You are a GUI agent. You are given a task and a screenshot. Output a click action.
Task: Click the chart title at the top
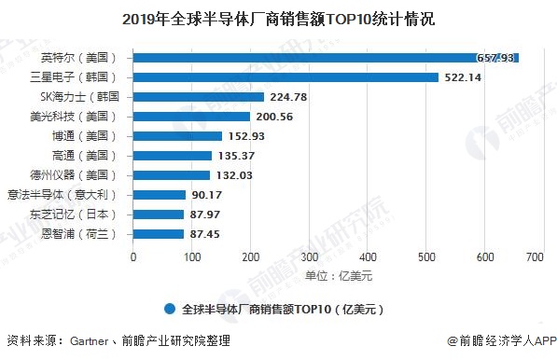coord(278,18)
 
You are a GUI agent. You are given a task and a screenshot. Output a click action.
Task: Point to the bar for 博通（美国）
coord(177,136)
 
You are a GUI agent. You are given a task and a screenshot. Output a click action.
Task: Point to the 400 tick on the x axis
coord(368,256)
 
